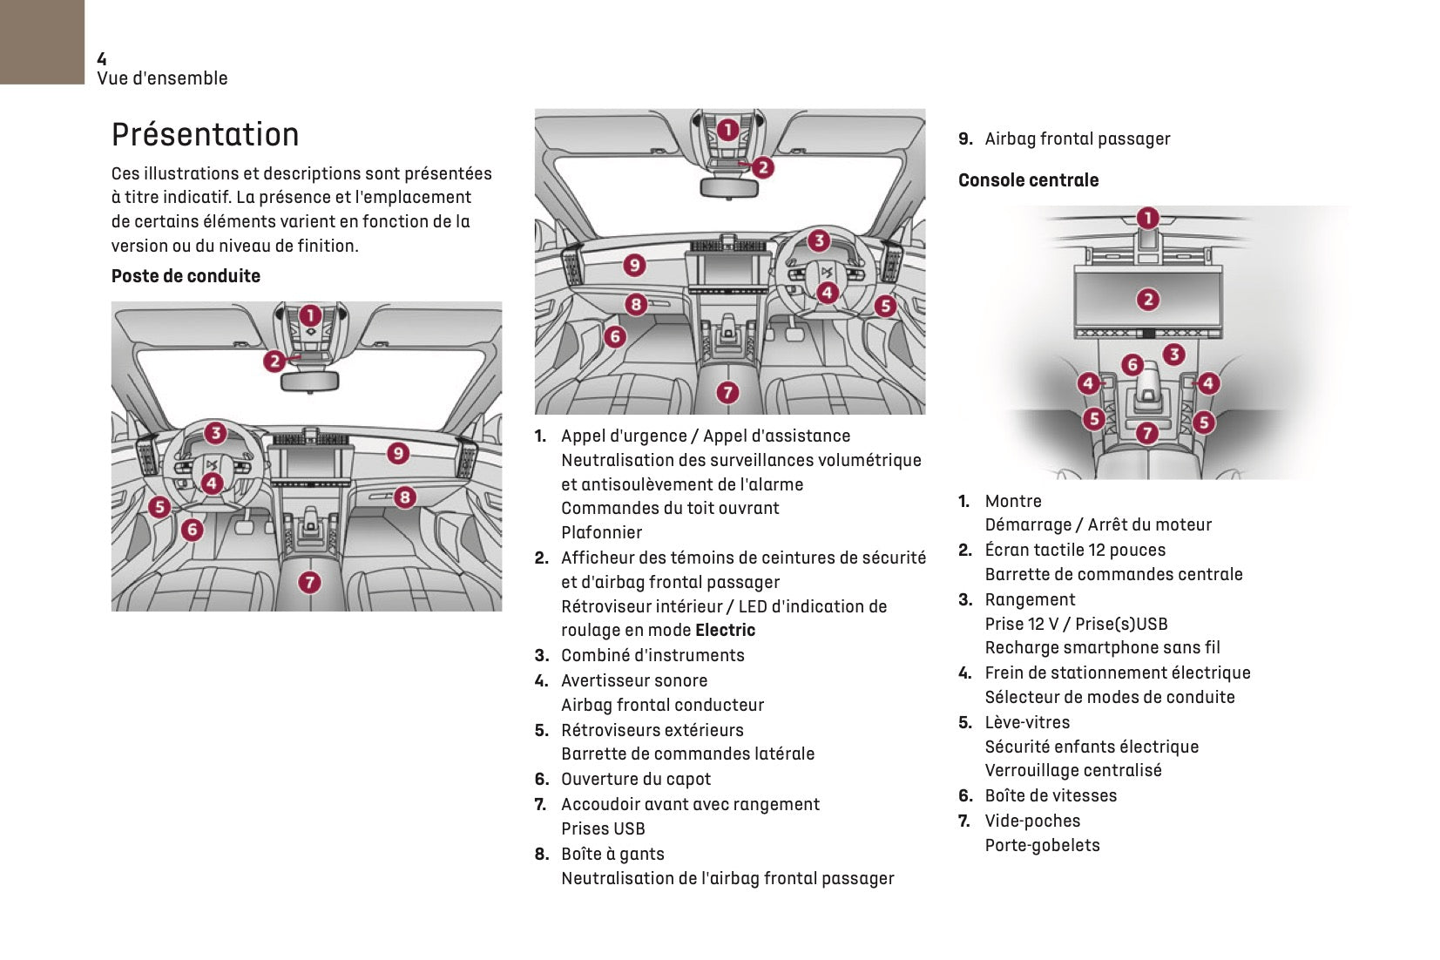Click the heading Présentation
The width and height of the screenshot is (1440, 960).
[205, 135]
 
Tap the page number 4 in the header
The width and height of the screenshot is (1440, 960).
[102, 59]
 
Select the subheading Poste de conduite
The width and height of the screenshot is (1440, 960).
[186, 276]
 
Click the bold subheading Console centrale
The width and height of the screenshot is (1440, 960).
[1028, 180]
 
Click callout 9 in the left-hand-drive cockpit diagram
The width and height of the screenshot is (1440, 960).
[398, 453]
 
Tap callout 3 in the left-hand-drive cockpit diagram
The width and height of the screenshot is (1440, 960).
[215, 433]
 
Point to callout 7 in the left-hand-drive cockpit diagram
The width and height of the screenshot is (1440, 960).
[309, 582]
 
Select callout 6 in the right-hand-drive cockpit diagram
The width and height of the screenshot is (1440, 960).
[615, 336]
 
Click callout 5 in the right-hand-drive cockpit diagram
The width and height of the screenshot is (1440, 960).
[885, 306]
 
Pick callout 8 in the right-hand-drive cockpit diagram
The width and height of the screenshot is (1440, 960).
[636, 304]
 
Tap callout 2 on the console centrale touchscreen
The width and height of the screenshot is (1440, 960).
[1148, 300]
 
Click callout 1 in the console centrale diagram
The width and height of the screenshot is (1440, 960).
[1148, 218]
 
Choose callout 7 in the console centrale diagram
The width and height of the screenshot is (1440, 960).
[1147, 433]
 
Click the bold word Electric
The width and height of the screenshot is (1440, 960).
[725, 631]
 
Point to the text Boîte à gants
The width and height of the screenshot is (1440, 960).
[612, 855]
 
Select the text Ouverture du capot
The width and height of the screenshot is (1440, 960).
[636, 780]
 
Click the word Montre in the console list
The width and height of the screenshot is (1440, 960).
[1013, 502]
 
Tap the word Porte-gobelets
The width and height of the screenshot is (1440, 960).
[1042, 846]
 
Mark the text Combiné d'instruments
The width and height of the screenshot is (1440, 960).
[652, 656]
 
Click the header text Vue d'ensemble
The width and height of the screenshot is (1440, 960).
[162, 78]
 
